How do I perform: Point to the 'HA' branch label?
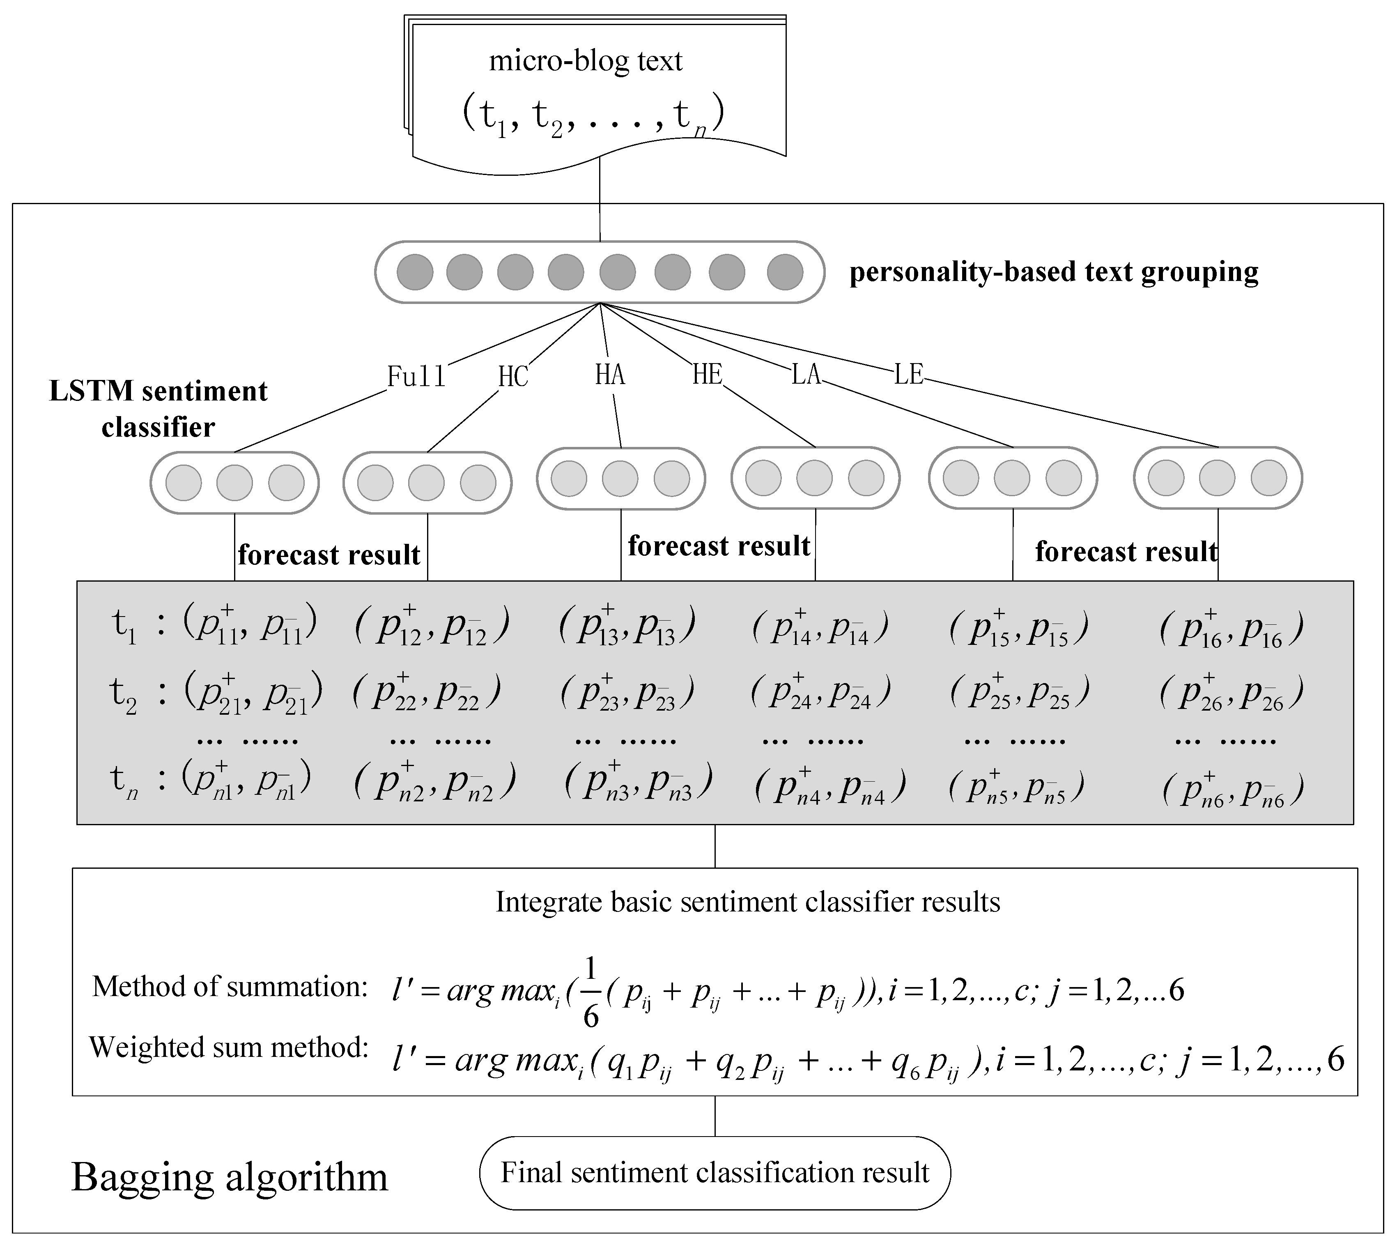(610, 374)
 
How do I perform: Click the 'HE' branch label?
(707, 374)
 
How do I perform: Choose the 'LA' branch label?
(806, 374)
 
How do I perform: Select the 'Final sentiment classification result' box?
(715, 1172)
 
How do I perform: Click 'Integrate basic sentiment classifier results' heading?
(747, 902)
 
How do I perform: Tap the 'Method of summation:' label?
(230, 986)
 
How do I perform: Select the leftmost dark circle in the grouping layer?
(415, 272)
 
